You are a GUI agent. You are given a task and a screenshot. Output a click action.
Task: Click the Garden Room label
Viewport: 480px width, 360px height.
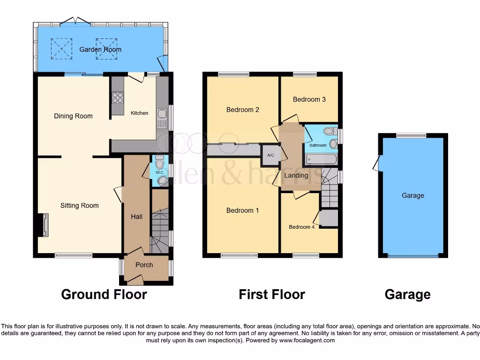coord(100,49)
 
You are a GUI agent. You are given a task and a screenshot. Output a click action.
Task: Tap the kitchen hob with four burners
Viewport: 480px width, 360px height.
coord(118,97)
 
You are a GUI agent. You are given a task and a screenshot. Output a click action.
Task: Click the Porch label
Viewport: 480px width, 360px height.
coord(144,265)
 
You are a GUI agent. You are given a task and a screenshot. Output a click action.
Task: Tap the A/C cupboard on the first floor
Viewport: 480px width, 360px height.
coord(270,155)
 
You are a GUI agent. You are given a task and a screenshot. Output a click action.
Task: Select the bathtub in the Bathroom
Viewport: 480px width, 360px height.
coord(322,159)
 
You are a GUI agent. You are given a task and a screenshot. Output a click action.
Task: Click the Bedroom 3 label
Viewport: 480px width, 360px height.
coord(309,99)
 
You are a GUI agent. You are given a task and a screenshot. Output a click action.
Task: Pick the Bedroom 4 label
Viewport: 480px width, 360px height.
coord(302,227)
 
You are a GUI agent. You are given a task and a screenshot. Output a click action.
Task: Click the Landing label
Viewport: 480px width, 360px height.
coord(296,175)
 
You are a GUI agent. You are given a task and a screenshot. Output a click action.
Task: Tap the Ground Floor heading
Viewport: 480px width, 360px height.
coord(104,294)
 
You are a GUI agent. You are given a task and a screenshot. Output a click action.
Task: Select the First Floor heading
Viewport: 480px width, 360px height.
coord(272,294)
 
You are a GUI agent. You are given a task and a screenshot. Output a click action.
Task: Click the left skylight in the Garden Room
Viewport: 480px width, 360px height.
coord(61,49)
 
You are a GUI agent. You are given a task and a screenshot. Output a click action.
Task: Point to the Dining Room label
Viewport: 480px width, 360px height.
coord(73,116)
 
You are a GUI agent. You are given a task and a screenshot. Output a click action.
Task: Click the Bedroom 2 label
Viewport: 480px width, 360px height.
coord(243,110)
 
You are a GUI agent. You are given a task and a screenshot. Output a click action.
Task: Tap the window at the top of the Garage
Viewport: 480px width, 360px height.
coord(411,135)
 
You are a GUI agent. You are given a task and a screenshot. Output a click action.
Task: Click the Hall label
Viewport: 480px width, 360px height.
coord(136,217)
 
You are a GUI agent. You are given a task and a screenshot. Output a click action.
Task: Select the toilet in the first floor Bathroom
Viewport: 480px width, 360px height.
coord(329,131)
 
